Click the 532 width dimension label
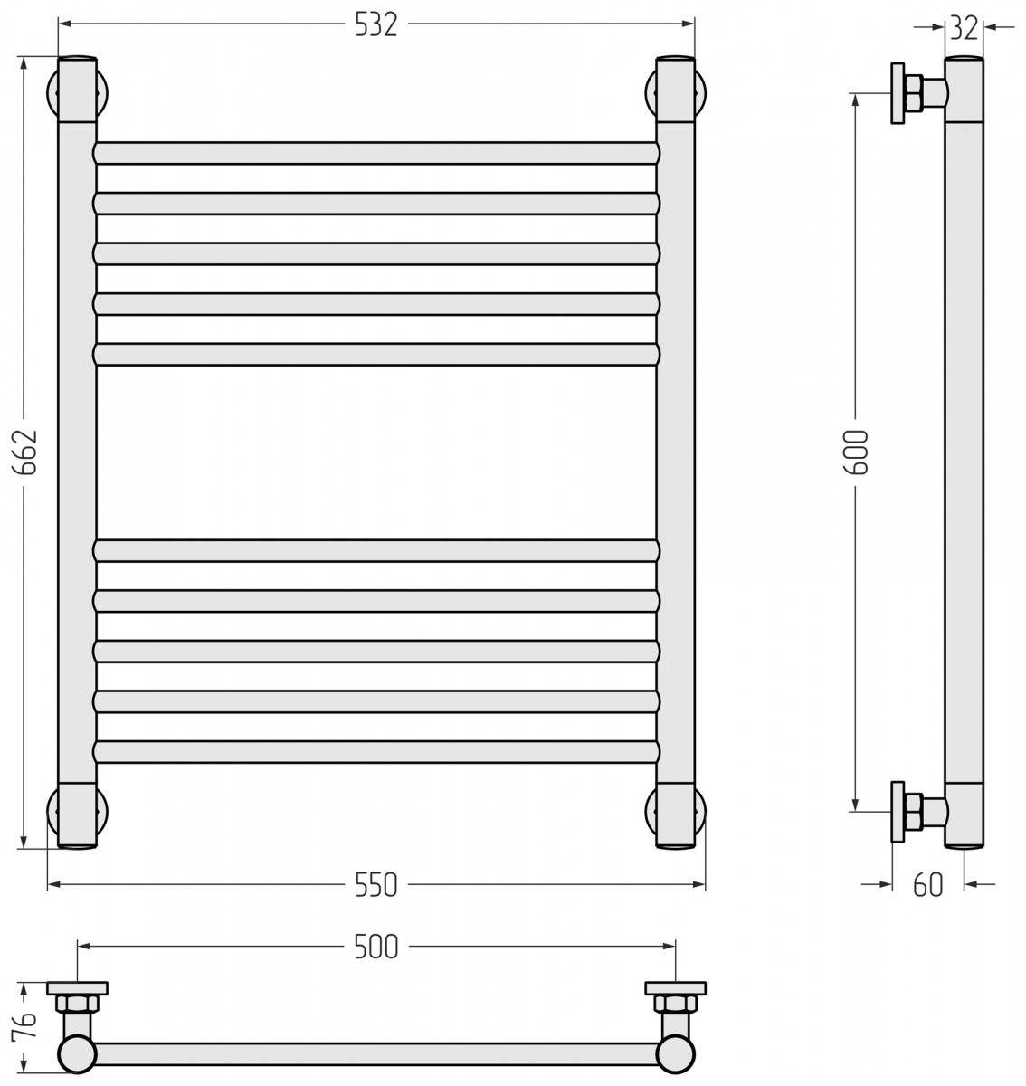pyautogui.click(x=376, y=24)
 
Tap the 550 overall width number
pyautogui.click(x=376, y=885)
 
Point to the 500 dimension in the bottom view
pyautogui.click(x=376, y=948)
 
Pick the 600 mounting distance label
pyautogui.click(x=856, y=452)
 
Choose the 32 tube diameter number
pyautogui.click(x=964, y=28)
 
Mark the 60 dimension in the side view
pyautogui.click(x=928, y=885)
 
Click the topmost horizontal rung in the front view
pyautogui.click(x=376, y=153)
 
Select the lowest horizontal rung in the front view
pyautogui.click(x=376, y=752)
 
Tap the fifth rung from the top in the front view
pyautogui.click(x=376, y=355)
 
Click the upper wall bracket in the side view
pyautogui.click(x=918, y=93)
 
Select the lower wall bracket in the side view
pyautogui.click(x=918, y=812)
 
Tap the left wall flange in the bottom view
pyautogui.click(x=77, y=988)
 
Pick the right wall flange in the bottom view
pyautogui.click(x=676, y=988)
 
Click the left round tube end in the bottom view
pyautogui.click(x=77, y=1053)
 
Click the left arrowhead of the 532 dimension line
pyautogui.click(x=65, y=24)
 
